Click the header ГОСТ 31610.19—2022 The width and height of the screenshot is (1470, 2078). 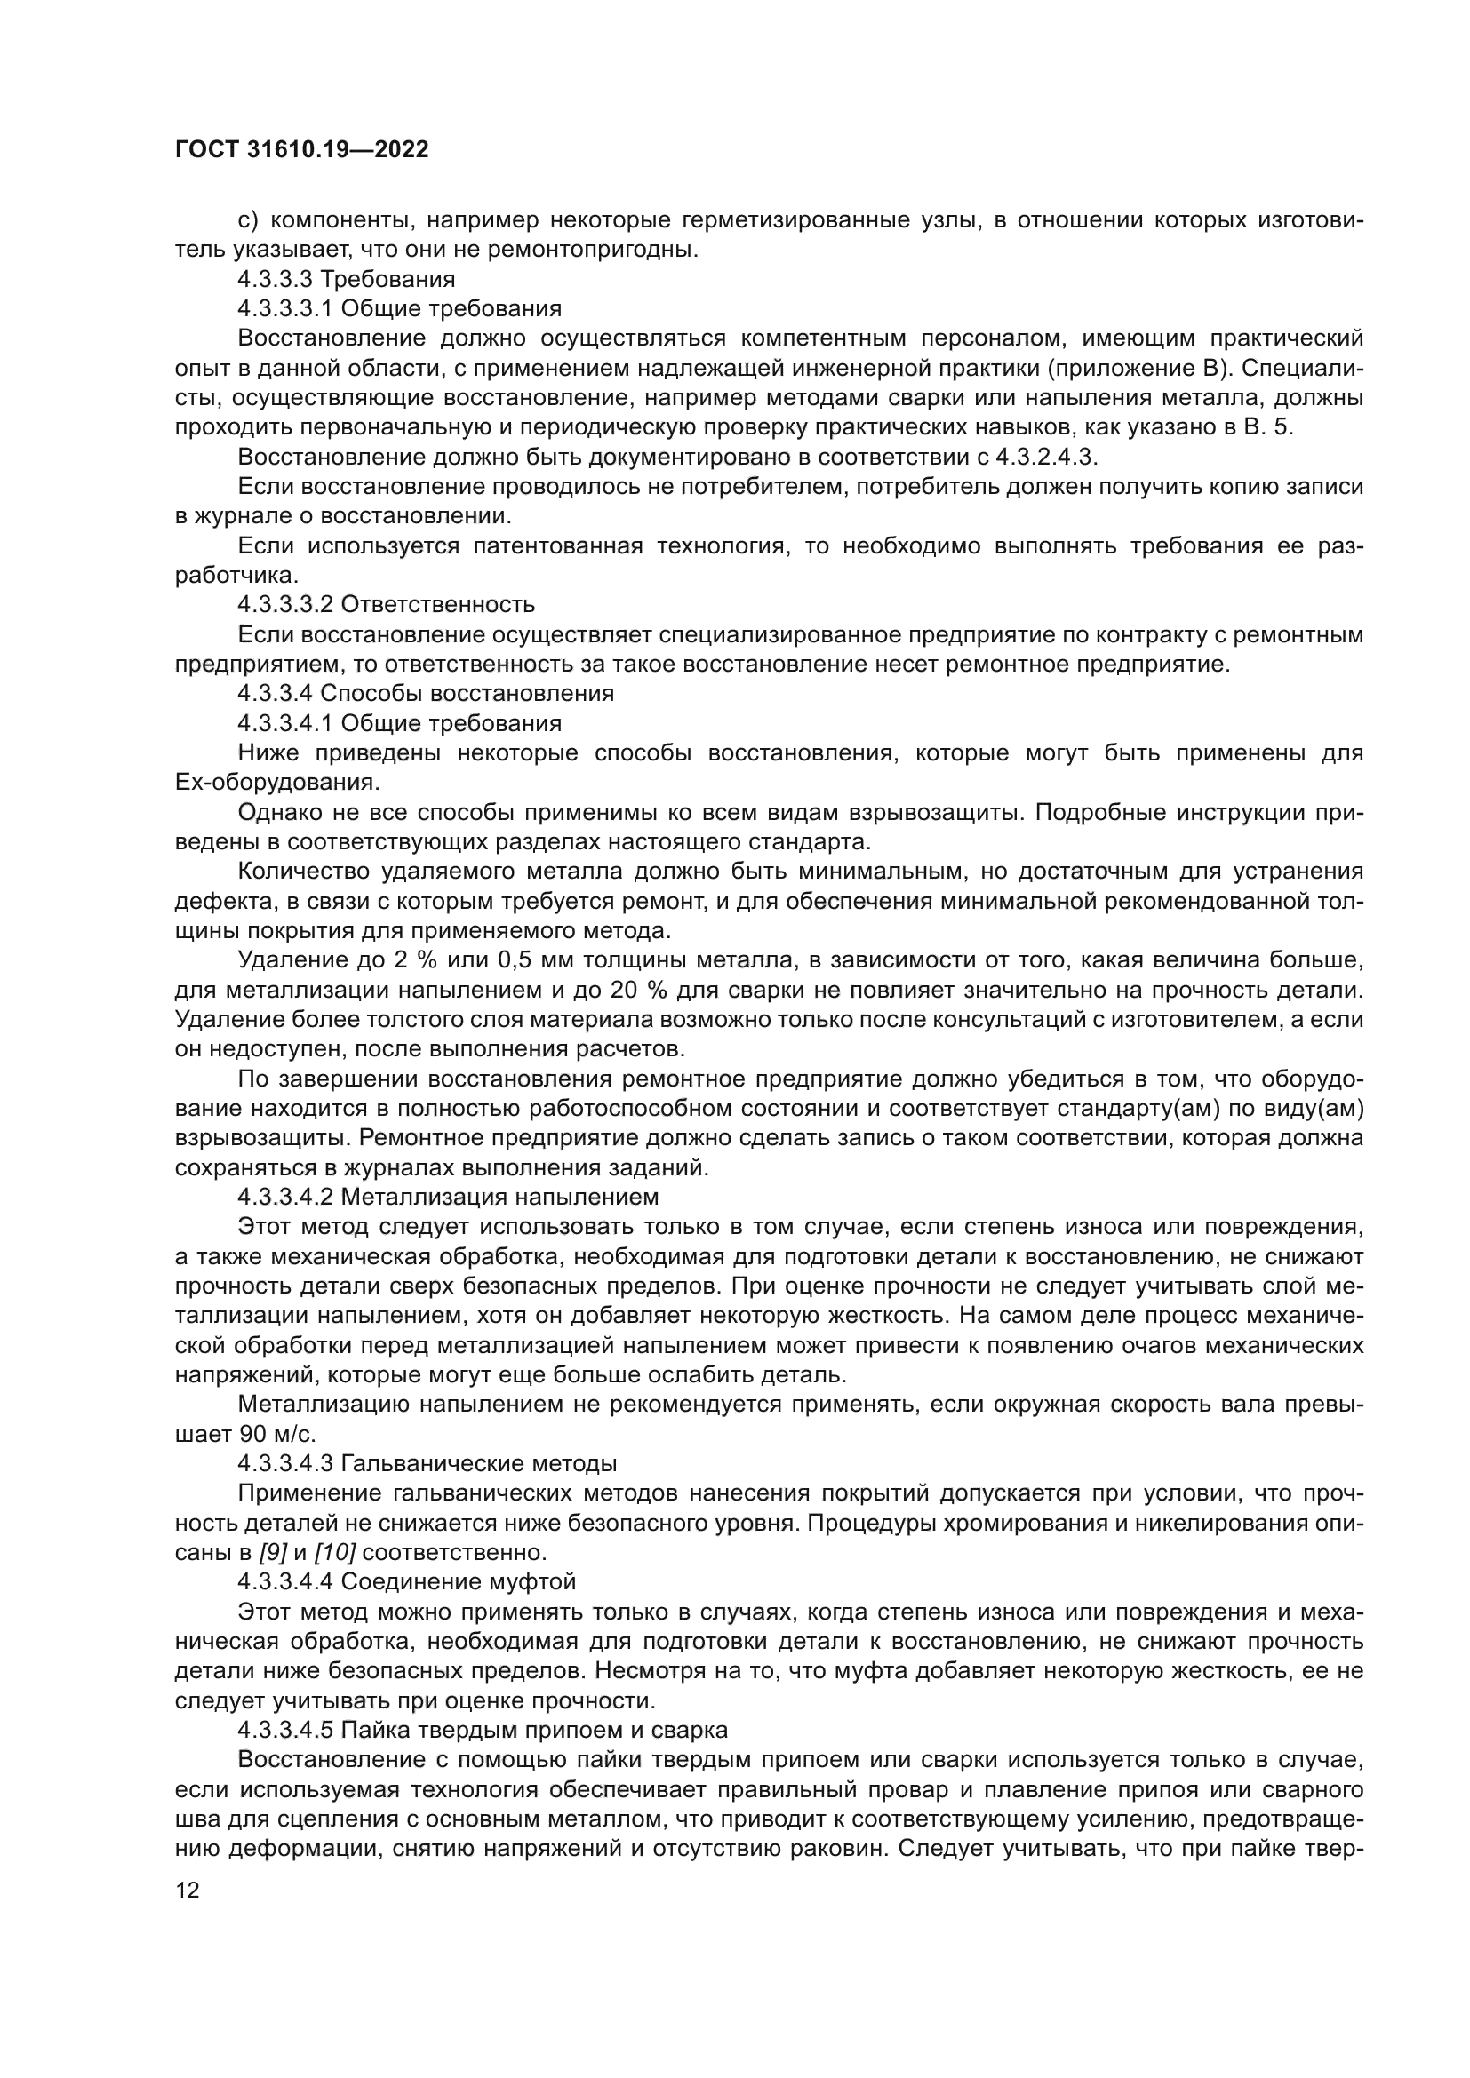point(301,150)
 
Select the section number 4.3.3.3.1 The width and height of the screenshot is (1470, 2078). point(286,308)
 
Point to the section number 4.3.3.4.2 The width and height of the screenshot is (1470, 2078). point(286,1198)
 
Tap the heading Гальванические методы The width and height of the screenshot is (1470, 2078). point(479,1464)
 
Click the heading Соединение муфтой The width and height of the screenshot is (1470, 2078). point(458,1583)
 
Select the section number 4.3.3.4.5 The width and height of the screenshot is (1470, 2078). point(286,1731)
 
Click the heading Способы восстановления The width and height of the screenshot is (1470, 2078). point(467,694)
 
